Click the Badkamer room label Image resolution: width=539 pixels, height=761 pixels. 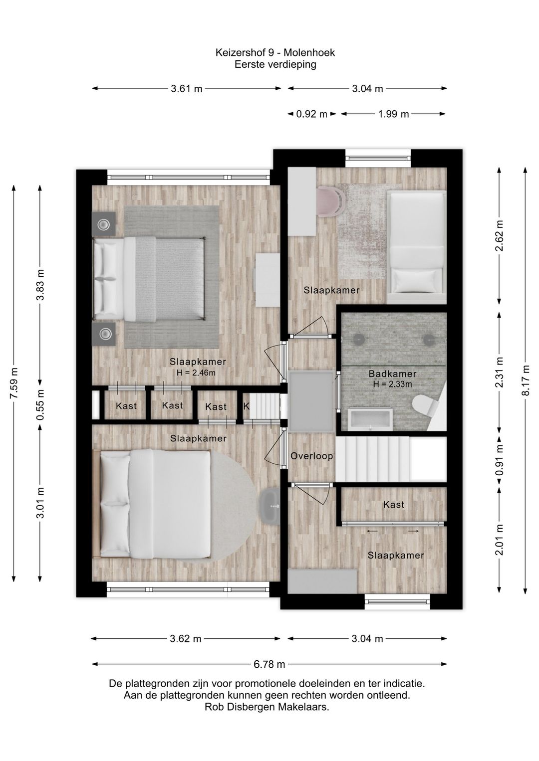click(x=392, y=374)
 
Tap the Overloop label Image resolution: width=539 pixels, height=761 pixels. click(x=311, y=456)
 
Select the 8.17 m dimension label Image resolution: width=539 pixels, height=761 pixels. click(x=526, y=380)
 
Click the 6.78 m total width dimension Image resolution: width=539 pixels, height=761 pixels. click(x=269, y=664)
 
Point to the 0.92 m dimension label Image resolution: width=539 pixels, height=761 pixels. click(x=311, y=114)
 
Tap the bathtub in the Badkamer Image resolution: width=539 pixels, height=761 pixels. click(x=370, y=419)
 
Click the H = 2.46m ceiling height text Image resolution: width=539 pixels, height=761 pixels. click(x=196, y=373)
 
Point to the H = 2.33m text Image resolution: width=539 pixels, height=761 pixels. click(x=392, y=384)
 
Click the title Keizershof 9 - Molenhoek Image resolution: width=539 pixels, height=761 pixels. click(x=275, y=53)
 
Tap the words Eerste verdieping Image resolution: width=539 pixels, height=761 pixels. click(x=275, y=64)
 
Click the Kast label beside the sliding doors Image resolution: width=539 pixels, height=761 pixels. click(x=393, y=505)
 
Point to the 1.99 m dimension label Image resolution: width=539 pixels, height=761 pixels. click(x=393, y=114)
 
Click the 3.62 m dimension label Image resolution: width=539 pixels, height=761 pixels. click(x=186, y=639)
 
